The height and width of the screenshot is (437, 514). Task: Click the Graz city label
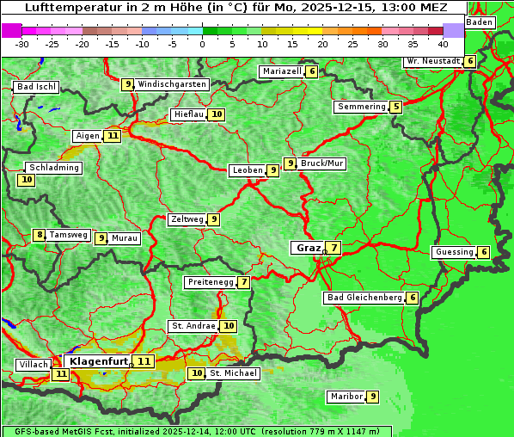pos(307,248)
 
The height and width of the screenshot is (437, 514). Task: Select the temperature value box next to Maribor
pos(372,397)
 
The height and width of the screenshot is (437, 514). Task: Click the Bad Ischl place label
pos(37,87)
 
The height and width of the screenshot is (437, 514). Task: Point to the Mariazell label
pos(282,71)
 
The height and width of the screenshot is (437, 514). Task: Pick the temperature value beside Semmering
pos(395,107)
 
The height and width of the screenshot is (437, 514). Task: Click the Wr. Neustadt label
pos(432,61)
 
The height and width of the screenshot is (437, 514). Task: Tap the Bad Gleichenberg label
pos(364,298)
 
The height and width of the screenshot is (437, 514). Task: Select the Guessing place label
pos(453,252)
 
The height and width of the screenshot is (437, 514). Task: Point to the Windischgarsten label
pos(172,84)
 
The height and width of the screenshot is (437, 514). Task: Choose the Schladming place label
pos(53,168)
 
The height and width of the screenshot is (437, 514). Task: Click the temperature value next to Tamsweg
pos(39,235)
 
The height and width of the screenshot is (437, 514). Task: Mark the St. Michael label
pos(234,373)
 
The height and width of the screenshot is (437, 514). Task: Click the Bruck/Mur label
pos(322,163)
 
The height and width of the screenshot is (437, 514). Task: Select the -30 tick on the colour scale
pos(22,43)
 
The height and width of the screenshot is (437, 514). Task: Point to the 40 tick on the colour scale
pos(442,43)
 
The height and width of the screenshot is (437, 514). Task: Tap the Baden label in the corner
pos(480,22)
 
